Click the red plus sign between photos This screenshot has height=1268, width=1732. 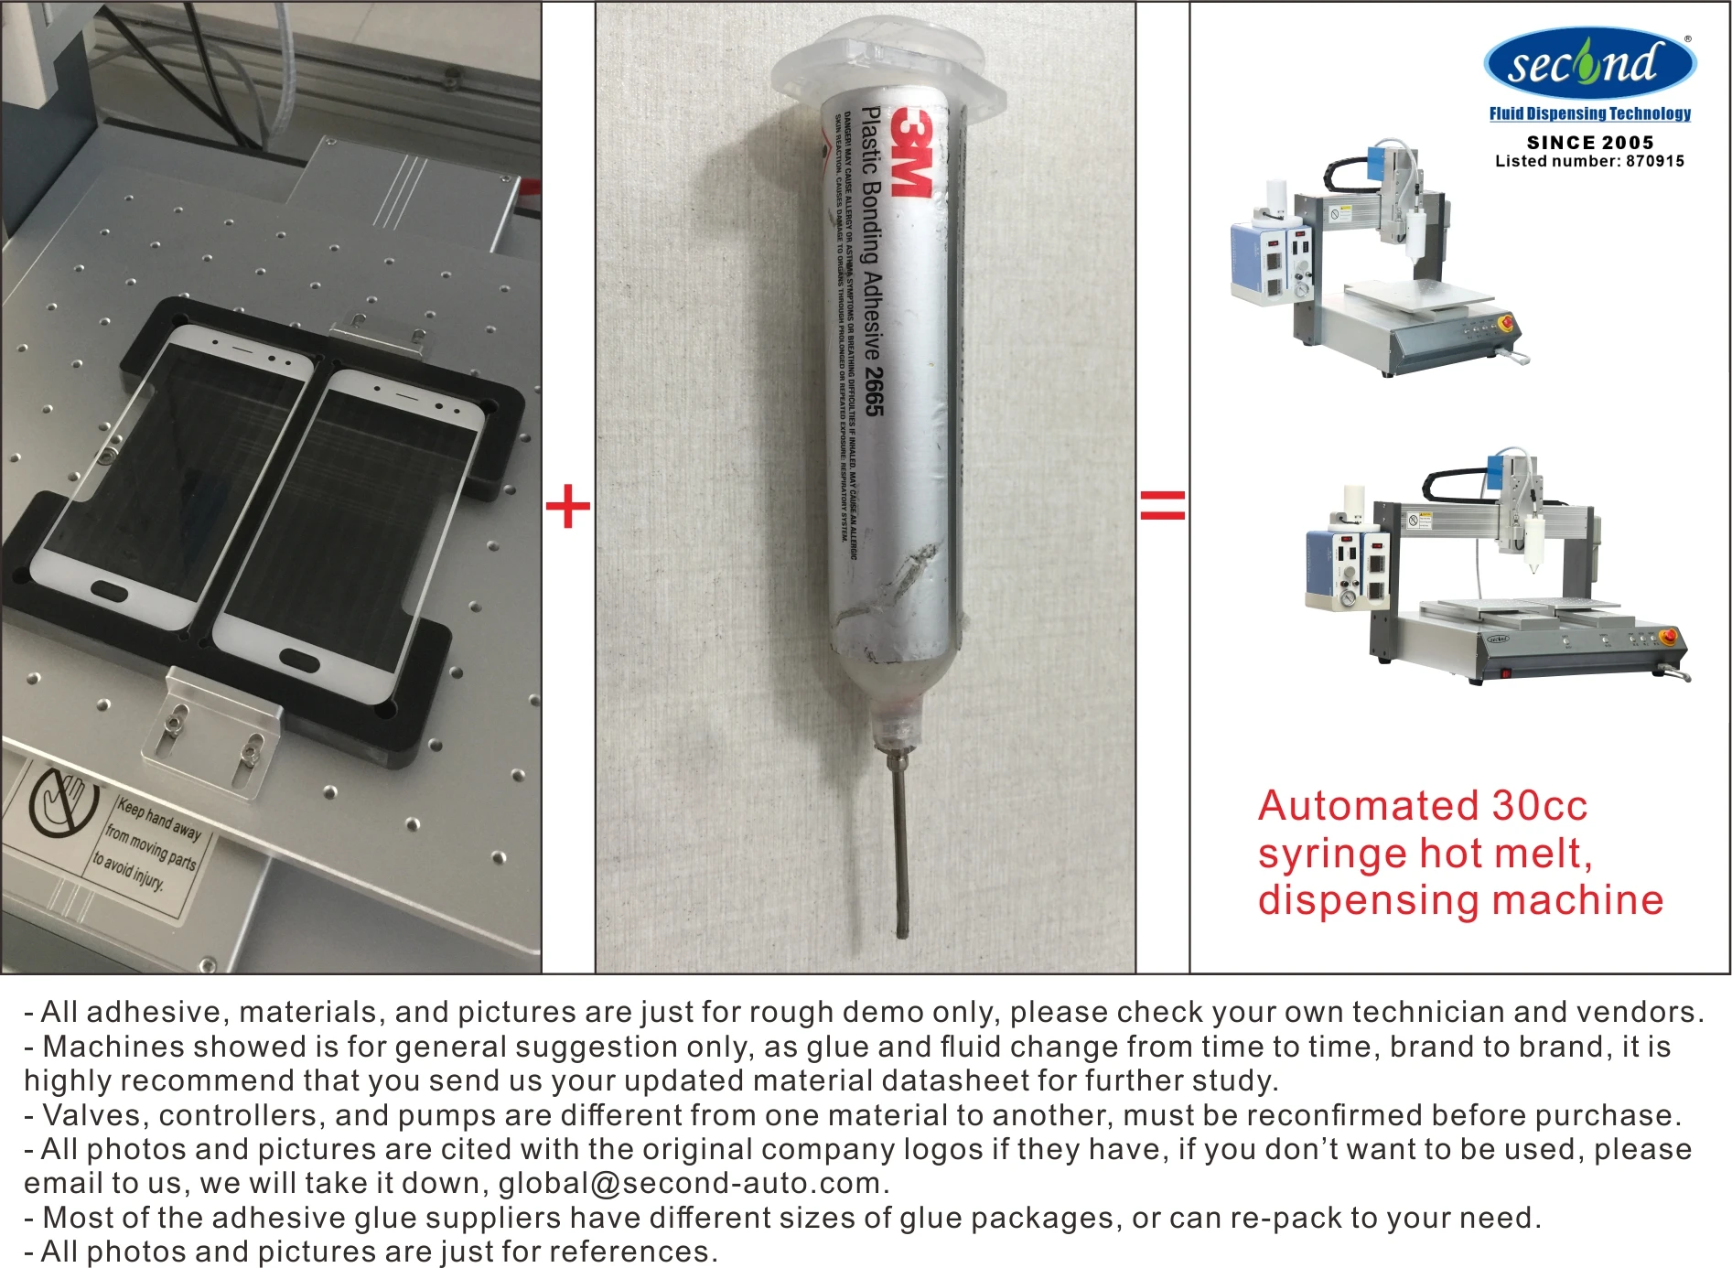pyautogui.click(x=567, y=506)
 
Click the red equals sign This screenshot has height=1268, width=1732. pyautogui.click(x=1162, y=505)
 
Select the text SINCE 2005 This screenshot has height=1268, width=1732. pyautogui.click(x=1590, y=142)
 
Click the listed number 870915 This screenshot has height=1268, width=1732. pyautogui.click(x=1654, y=161)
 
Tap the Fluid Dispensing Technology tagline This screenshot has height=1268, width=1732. pyautogui.click(x=1589, y=113)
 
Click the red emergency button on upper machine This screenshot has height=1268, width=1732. pyautogui.click(x=1504, y=322)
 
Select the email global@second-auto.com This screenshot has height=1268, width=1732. pyautogui.click(x=689, y=1183)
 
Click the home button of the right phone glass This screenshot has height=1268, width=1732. pyautogui.click(x=299, y=659)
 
